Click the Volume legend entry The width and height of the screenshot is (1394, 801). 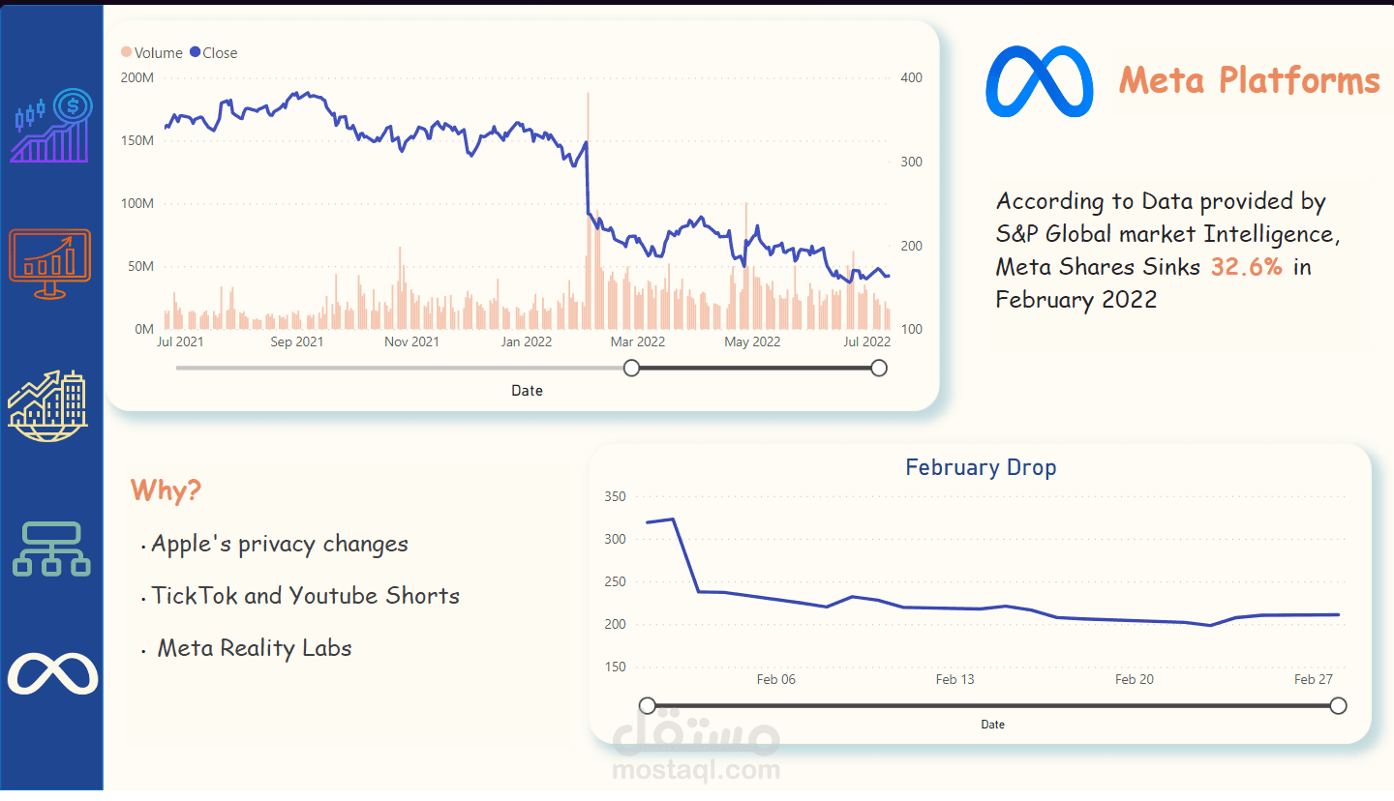pyautogui.click(x=152, y=53)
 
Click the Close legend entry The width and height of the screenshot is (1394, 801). pyautogui.click(x=214, y=53)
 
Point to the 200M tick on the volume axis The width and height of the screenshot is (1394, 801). pyautogui.click(x=136, y=77)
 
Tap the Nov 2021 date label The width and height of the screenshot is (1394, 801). pyautogui.click(x=411, y=341)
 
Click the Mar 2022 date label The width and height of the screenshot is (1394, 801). pyautogui.click(x=637, y=341)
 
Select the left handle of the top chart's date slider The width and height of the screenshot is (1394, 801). pyautogui.click(x=632, y=368)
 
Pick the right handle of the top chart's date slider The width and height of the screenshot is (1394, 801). pyautogui.click(x=879, y=368)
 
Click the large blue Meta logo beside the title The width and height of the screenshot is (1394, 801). pyautogui.click(x=1039, y=81)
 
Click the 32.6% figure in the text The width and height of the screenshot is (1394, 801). pyautogui.click(x=1246, y=267)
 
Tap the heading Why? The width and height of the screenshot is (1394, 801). pyautogui.click(x=166, y=490)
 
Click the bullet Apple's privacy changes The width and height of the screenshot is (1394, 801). pyautogui.click(x=279, y=545)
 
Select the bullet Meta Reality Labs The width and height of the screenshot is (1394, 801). pyautogui.click(x=254, y=648)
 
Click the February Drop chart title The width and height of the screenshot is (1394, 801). pyautogui.click(x=981, y=467)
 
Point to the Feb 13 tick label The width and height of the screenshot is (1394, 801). pyautogui.click(x=955, y=679)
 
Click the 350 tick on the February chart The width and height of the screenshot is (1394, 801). pyautogui.click(x=615, y=496)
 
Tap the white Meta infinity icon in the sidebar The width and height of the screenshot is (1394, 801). pyautogui.click(x=52, y=674)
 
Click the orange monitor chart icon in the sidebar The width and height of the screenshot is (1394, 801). pyautogui.click(x=50, y=262)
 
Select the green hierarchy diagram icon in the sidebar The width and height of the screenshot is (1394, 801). pyautogui.click(x=51, y=549)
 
